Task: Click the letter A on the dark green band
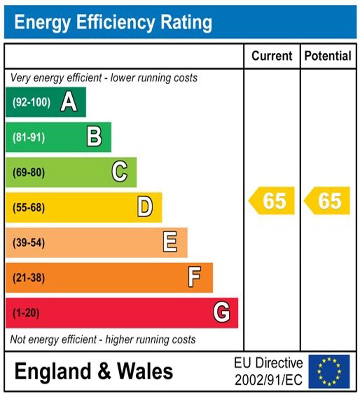point(69,102)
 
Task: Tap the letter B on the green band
point(94,137)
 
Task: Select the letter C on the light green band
point(120,172)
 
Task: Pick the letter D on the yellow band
point(145,207)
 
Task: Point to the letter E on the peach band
point(170,242)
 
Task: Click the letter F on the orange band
point(194,278)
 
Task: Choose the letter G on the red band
point(221,313)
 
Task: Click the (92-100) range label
point(32,102)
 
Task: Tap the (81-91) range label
point(29,137)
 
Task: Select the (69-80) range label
point(29,173)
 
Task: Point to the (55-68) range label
point(29,208)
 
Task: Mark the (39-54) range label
point(29,243)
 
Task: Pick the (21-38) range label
point(29,278)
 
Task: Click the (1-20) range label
point(26,313)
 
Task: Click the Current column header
point(272,56)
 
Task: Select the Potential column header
point(328,56)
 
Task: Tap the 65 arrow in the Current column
point(272,201)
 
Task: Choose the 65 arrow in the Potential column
point(327,201)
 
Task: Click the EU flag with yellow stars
point(329,371)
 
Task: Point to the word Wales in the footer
point(145,371)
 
